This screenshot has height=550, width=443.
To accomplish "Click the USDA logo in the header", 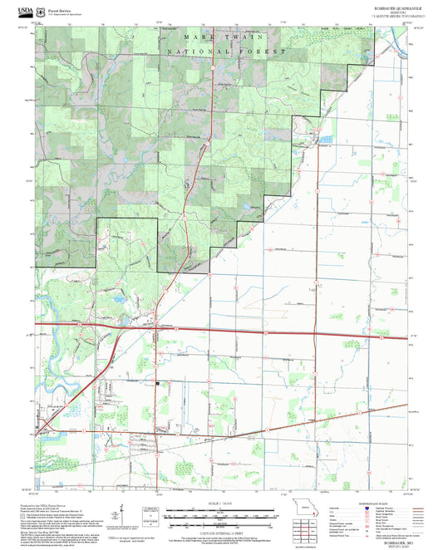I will point(16,7).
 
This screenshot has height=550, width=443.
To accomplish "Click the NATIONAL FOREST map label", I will point(226,52).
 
